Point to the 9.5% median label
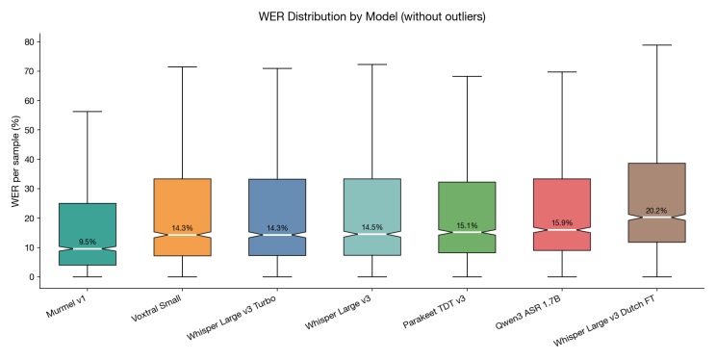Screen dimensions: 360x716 [x=87, y=242]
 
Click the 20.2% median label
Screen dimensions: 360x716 [x=656, y=210]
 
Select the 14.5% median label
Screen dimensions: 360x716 [x=371, y=227]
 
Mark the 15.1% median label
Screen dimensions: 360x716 [x=467, y=225]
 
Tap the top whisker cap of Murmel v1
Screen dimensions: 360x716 [x=87, y=112]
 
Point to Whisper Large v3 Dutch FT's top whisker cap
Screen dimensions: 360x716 [x=656, y=45]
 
